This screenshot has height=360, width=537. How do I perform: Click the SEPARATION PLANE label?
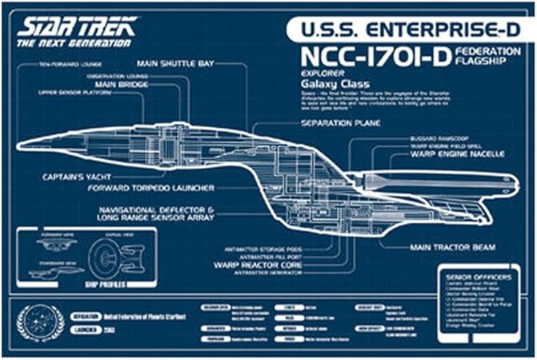(x=340, y=124)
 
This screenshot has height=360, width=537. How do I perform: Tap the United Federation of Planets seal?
(x=39, y=323)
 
